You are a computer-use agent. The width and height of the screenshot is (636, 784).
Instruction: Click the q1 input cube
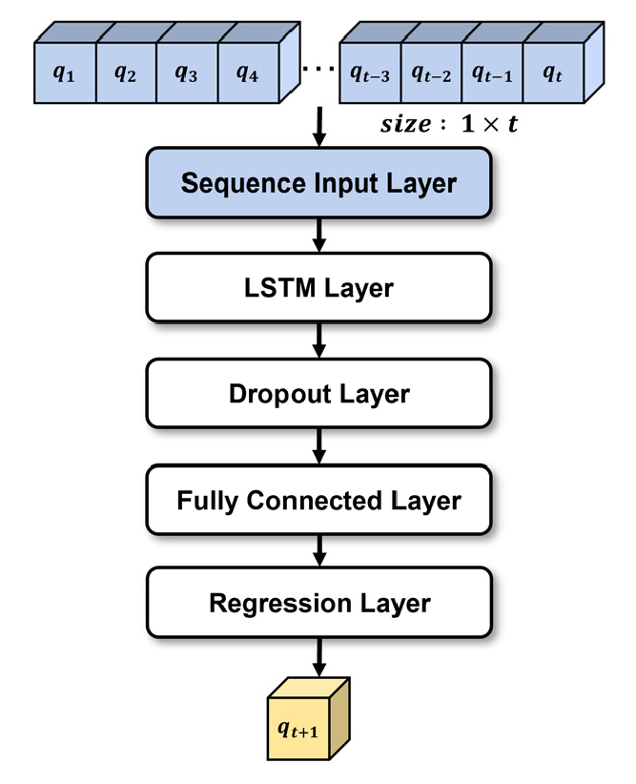click(65, 73)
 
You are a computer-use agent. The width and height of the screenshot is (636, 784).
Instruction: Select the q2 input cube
click(126, 73)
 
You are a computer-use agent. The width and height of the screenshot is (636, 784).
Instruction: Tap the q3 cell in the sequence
click(187, 73)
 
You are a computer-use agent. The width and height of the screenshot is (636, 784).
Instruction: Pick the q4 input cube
click(248, 73)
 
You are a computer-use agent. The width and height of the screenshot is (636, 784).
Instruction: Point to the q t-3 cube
click(370, 73)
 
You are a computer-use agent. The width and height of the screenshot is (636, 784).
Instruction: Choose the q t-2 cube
click(431, 73)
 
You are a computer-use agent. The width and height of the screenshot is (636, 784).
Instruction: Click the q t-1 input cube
click(492, 73)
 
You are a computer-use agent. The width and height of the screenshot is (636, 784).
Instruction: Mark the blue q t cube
click(552, 73)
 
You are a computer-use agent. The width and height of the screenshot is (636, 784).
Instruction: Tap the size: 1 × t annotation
click(448, 124)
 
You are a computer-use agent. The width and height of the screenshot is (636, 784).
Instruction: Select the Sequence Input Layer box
click(318, 183)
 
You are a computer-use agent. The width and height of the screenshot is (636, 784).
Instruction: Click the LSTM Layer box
click(318, 288)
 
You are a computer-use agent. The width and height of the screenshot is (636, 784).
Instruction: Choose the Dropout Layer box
click(318, 393)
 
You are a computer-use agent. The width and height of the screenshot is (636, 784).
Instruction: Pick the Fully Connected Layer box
click(318, 499)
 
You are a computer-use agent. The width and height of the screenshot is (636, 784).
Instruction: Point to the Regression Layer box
click(318, 604)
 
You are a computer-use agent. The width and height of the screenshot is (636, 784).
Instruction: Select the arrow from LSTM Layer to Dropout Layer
click(318, 340)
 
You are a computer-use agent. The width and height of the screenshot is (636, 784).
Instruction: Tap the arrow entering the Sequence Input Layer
click(318, 128)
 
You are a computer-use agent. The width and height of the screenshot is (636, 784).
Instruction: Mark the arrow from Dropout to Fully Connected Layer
click(318, 445)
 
